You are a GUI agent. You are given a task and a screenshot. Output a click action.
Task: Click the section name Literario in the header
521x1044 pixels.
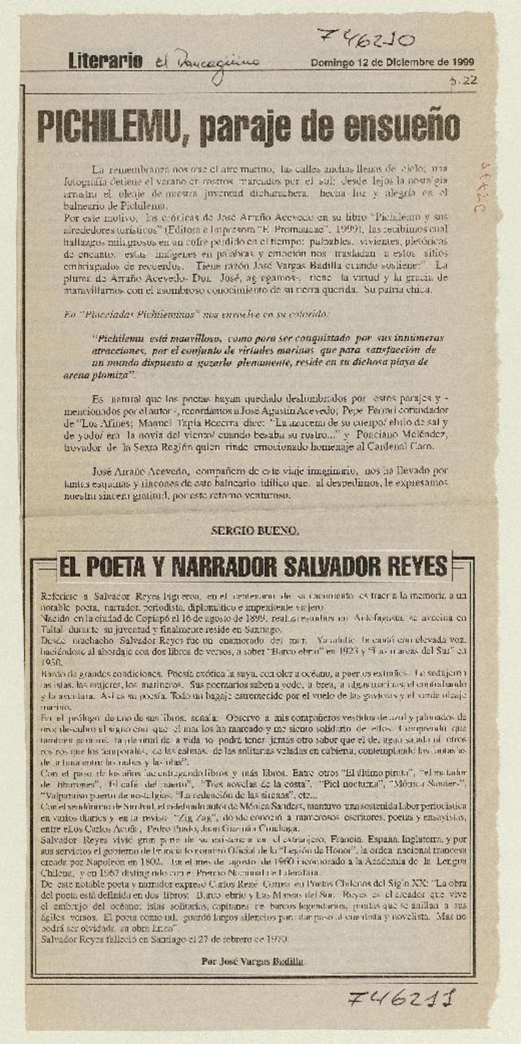106,62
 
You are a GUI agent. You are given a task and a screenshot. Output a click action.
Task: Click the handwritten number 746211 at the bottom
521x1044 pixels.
401,998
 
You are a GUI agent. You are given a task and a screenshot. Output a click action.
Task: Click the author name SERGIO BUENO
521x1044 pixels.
255,530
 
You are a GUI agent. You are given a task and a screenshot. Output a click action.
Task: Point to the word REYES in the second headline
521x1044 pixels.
419,566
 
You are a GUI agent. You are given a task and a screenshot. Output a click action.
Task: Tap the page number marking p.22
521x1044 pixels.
467,81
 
